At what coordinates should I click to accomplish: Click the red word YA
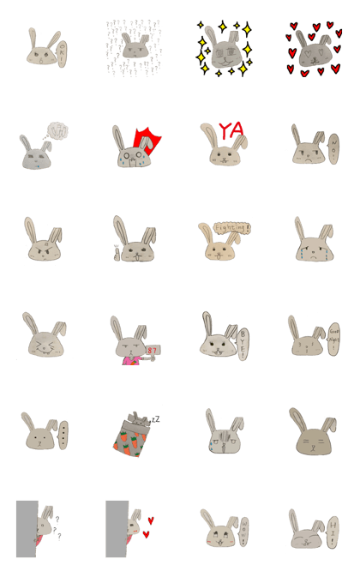pos(231,131)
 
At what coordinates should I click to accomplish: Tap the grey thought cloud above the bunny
pos(57,131)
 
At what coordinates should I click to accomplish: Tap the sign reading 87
pos(153,350)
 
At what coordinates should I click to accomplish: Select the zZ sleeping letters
pos(155,418)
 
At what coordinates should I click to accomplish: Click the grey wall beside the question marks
pos(26,528)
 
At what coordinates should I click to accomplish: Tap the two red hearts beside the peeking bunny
pos(149,526)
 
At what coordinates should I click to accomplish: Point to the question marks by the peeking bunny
pos(57,529)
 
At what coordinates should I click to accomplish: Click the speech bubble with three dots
pos(62,436)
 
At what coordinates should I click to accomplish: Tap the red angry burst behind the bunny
pos(147,141)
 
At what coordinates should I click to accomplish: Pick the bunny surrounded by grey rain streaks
pos(134,48)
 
